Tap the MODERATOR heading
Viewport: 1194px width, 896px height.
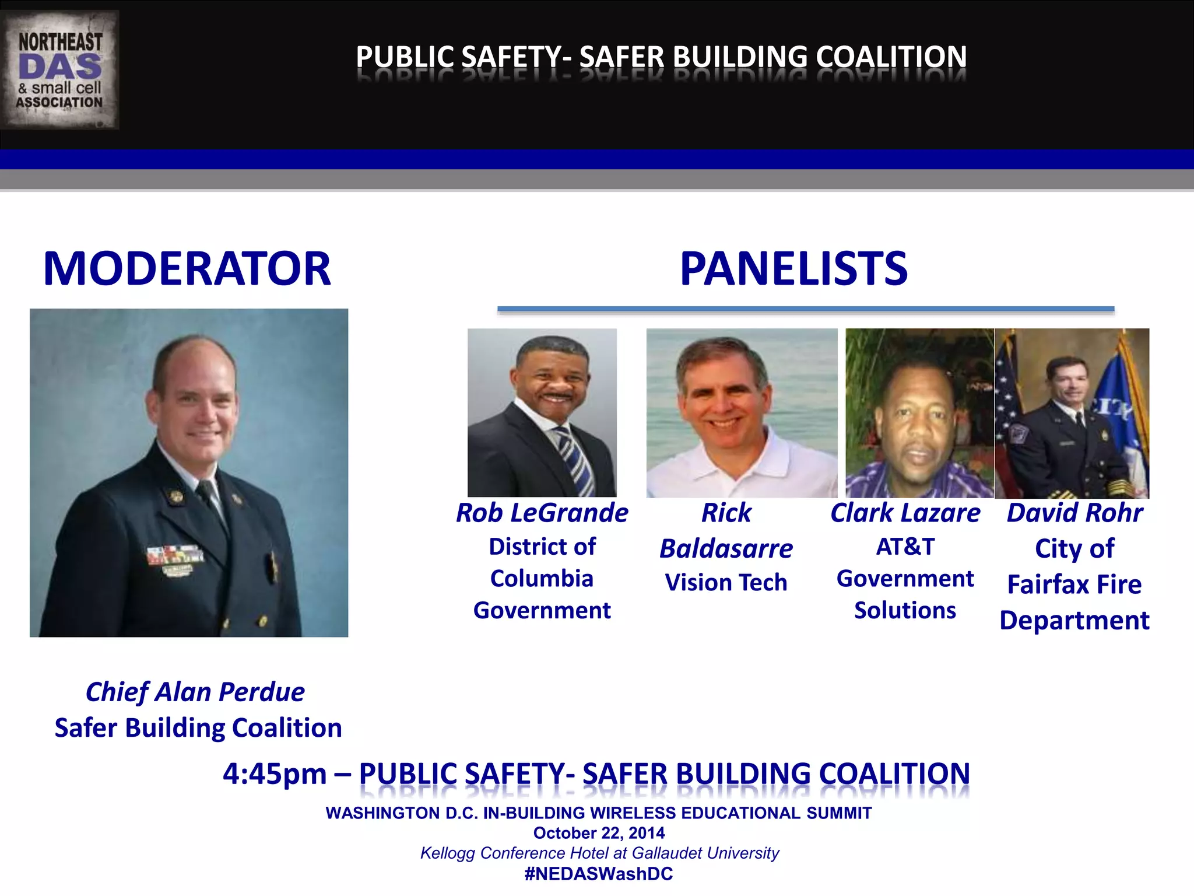pos(187,269)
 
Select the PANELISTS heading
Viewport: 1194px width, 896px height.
pos(793,269)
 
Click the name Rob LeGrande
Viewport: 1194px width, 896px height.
pos(542,513)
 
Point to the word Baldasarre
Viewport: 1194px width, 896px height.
pos(726,549)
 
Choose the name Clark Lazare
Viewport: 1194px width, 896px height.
pos(905,513)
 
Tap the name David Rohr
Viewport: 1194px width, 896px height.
pos(1074,513)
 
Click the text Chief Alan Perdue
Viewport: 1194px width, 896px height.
pos(195,692)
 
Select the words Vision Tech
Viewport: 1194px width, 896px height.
pos(726,583)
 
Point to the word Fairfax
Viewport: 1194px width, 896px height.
pos(1047,584)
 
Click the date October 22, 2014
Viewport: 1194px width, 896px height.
pos(599,833)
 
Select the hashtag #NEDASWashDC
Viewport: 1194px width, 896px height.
pos(599,874)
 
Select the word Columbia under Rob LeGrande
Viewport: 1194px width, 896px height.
pos(542,579)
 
